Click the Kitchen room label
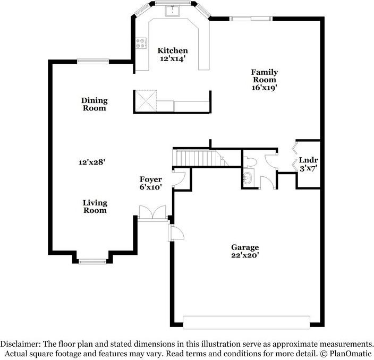173,51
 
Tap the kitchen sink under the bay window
173,10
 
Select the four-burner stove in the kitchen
141,43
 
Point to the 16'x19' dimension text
264,88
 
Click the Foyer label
150,179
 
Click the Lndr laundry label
308,160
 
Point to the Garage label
244,247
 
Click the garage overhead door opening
246,322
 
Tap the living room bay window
93,261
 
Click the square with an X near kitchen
145,101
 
